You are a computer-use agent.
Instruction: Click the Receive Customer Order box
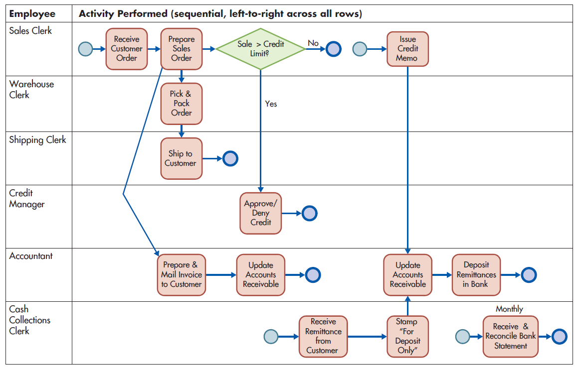[x=127, y=49]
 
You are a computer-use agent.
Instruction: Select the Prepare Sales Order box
[x=182, y=49]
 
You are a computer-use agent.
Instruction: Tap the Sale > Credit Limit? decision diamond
[x=260, y=48]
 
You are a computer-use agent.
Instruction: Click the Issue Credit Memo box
[x=408, y=49]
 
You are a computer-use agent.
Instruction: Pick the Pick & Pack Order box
[x=182, y=104]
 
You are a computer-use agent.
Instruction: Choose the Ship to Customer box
[x=182, y=158]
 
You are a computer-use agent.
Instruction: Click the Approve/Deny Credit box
[x=260, y=213]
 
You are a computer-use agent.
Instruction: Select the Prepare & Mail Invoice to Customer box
[x=182, y=275]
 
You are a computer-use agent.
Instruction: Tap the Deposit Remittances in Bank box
[x=476, y=275]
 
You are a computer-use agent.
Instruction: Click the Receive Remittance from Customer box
[x=323, y=337]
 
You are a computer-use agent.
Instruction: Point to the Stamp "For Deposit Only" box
[x=408, y=337]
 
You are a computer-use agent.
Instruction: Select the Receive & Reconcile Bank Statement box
[x=510, y=337]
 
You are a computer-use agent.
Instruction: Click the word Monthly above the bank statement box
[x=509, y=309]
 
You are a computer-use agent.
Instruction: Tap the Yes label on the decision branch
[x=271, y=104]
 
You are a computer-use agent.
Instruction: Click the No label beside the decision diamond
[x=313, y=43]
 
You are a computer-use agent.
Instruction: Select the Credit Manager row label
[x=27, y=199]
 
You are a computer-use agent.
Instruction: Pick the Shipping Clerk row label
[x=37, y=140]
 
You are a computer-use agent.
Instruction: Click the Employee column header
[x=32, y=14]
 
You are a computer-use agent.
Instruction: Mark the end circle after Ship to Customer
[x=230, y=158]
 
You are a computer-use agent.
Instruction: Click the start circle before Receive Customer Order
[x=86, y=49]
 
